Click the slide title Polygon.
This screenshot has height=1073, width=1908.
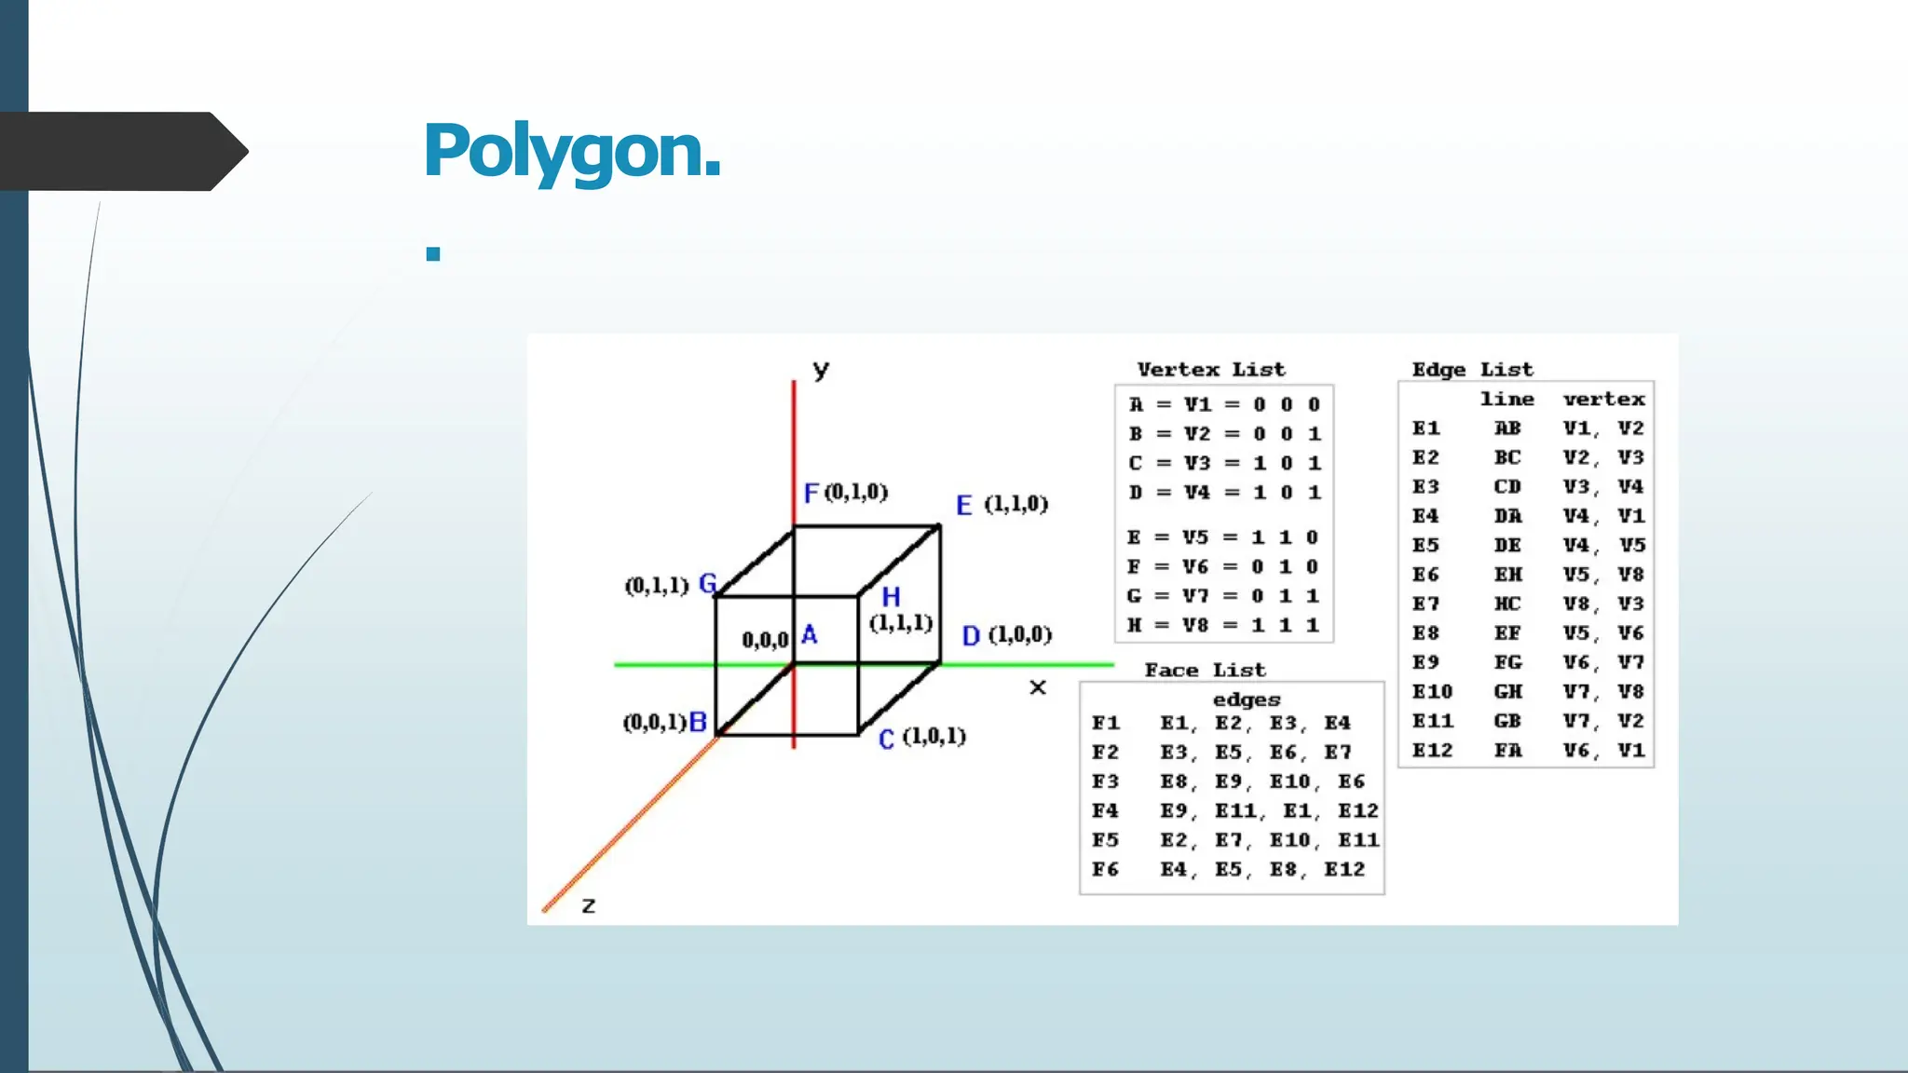point(572,151)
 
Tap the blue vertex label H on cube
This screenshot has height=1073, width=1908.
point(891,597)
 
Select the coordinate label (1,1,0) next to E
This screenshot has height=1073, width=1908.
point(1015,504)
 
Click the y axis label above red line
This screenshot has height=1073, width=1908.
point(821,370)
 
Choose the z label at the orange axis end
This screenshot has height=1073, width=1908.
point(589,905)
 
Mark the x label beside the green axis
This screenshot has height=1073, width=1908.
point(1038,687)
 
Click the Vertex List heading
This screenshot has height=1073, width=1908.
point(1210,370)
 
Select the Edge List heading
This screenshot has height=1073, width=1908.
point(1472,370)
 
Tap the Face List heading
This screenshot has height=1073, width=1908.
point(1205,670)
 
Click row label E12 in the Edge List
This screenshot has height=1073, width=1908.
point(1432,751)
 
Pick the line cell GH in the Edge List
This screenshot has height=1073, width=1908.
point(1507,692)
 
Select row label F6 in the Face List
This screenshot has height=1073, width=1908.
point(1106,869)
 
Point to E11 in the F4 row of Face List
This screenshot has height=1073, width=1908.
point(1236,811)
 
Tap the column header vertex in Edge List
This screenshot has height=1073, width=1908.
point(1603,400)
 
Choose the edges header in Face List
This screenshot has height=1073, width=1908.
point(1246,699)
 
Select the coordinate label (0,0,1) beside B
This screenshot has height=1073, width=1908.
point(654,723)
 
